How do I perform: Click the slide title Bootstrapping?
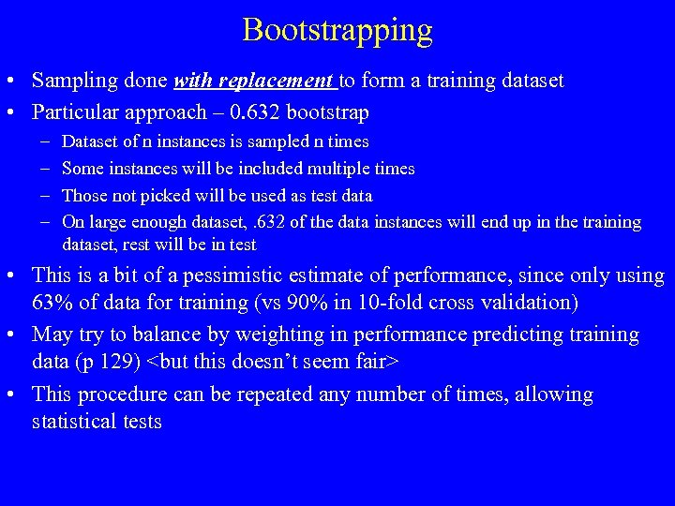pyautogui.click(x=337, y=29)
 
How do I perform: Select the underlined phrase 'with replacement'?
pyautogui.click(x=254, y=82)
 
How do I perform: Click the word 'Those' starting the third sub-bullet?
pyautogui.click(x=83, y=196)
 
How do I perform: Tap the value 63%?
pyautogui.click(x=52, y=304)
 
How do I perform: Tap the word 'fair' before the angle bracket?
pyautogui.click(x=375, y=363)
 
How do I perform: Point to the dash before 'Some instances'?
pyautogui.click(x=45, y=169)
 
